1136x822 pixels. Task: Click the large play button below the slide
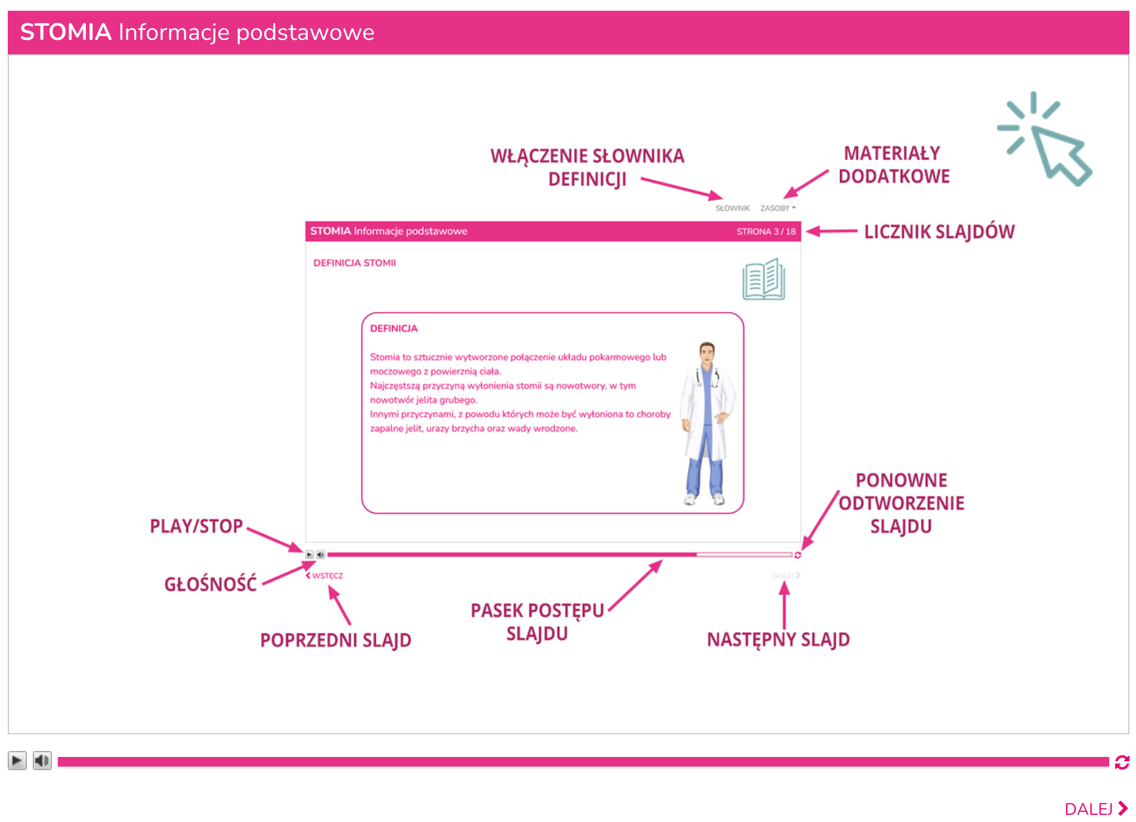pos(17,761)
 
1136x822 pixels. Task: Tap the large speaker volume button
pos(42,761)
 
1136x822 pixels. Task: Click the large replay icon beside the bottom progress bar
pos(1122,762)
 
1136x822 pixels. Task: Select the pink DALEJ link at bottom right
pos(1095,809)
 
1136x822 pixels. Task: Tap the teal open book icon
pos(764,279)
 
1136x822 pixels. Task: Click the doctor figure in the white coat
pos(708,424)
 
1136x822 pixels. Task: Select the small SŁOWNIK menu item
pos(732,208)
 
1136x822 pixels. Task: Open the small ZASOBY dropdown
pos(777,208)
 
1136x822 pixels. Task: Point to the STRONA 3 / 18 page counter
pos(766,231)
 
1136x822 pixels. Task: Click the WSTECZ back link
pos(325,576)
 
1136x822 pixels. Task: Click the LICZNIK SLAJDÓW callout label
pos(939,231)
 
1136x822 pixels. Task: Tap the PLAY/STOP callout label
pos(196,526)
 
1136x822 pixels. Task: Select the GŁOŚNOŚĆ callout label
pos(210,584)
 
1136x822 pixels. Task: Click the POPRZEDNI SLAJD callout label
pos(335,640)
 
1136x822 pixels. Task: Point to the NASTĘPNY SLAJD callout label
pos(778,639)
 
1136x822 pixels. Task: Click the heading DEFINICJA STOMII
pos(354,263)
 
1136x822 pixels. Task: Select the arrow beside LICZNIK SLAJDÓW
pos(832,231)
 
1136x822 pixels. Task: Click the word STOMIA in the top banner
pos(66,32)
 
